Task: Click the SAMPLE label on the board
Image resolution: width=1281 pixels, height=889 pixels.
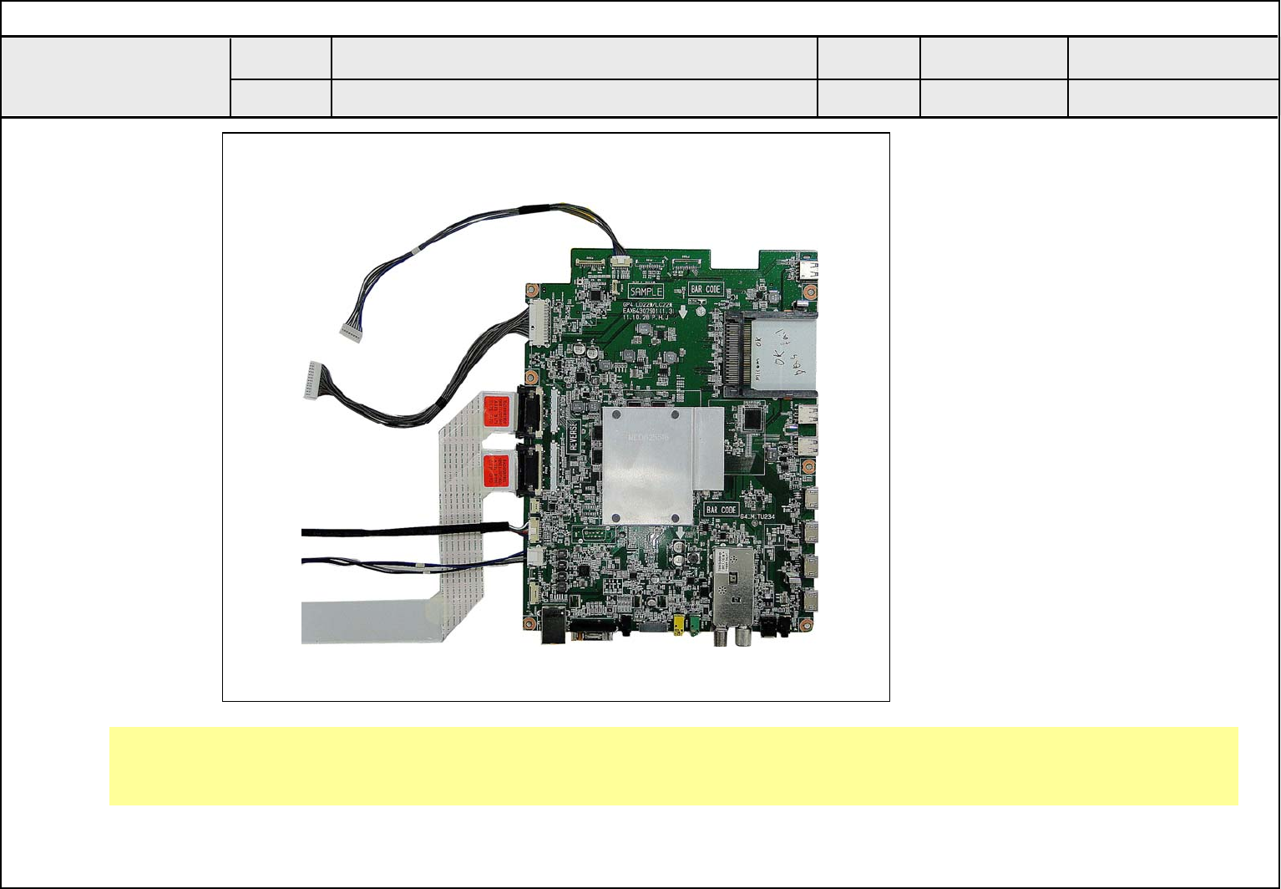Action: [646, 291]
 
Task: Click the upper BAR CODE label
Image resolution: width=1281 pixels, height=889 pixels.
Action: [706, 289]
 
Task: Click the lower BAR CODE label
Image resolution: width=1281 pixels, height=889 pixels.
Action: [721, 509]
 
